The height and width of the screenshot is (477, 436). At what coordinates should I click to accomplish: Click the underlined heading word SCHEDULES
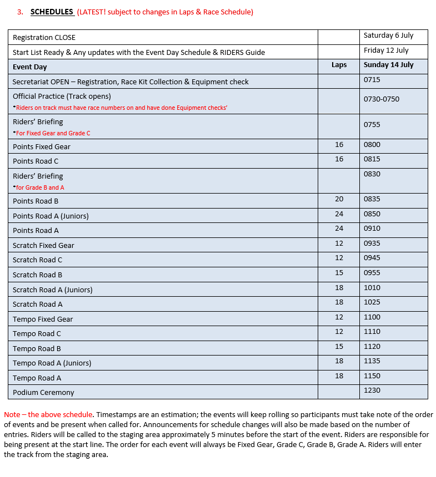[x=52, y=12]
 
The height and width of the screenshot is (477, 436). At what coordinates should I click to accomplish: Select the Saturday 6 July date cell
[x=388, y=35]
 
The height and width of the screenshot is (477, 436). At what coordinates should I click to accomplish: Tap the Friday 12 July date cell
[x=386, y=50]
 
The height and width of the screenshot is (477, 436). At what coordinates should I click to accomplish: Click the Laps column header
[x=339, y=65]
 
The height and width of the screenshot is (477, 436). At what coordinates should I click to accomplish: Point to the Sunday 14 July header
[x=389, y=65]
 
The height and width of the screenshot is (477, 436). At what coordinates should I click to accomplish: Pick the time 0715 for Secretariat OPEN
[x=372, y=80]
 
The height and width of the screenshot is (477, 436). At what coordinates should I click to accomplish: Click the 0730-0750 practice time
[x=381, y=99]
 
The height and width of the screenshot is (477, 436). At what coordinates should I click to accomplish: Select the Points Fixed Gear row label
[x=42, y=147]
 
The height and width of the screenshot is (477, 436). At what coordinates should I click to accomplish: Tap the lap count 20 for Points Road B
[x=339, y=199]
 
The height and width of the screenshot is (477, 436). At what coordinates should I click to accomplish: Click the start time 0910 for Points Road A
[x=372, y=229]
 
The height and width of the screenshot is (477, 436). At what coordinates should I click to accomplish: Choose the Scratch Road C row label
[x=38, y=260]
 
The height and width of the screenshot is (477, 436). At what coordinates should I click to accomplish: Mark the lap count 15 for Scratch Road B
[x=339, y=273]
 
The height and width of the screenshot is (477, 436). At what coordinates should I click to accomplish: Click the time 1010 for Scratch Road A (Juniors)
[x=372, y=288]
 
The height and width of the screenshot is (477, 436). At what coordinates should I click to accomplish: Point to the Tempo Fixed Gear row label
[x=43, y=319]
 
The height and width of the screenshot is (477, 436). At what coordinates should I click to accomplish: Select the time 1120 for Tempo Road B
[x=372, y=347]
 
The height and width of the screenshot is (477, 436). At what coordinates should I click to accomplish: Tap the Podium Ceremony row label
[x=43, y=393]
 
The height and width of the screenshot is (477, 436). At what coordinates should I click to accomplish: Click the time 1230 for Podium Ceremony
[x=372, y=390]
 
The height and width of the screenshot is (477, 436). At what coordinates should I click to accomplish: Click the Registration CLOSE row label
[x=44, y=38]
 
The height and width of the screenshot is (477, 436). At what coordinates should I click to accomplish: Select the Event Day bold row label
[x=30, y=67]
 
